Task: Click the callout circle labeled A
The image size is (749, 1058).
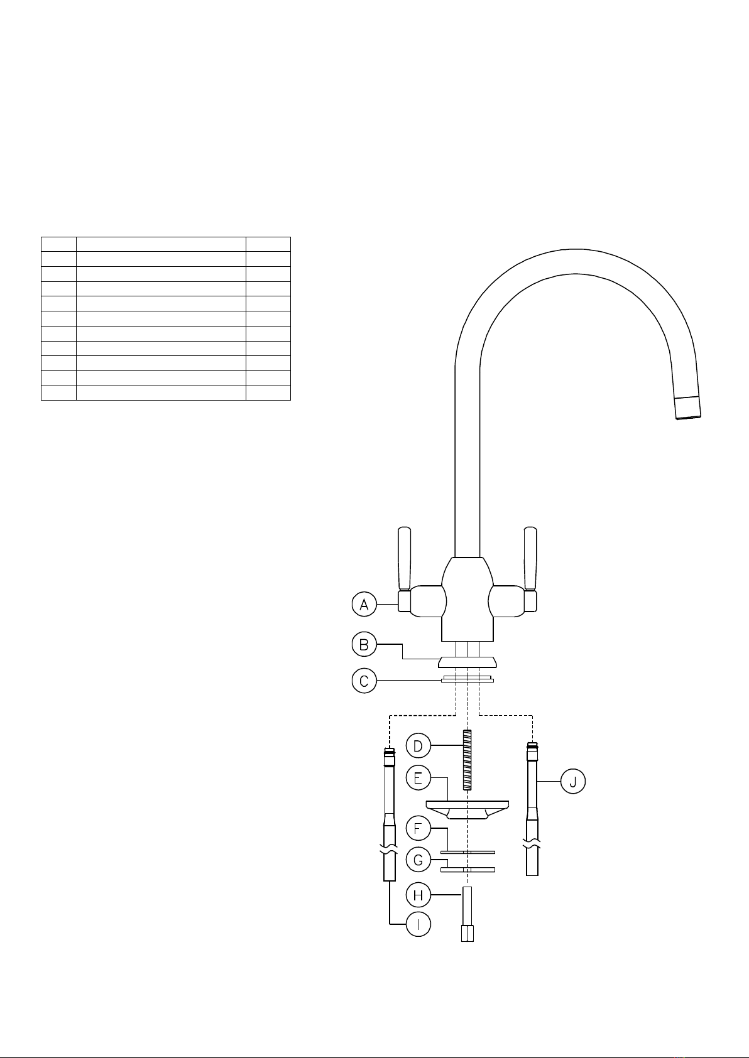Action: [x=364, y=604]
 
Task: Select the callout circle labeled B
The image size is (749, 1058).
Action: [x=364, y=644]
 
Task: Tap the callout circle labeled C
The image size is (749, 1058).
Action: [x=364, y=681]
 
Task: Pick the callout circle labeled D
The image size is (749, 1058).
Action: [x=418, y=746]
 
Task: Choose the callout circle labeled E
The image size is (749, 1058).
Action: [x=418, y=777]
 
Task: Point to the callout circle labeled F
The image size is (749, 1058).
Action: [x=418, y=828]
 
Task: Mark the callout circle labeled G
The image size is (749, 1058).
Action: [x=418, y=860]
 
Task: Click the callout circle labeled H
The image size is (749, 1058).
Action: [x=418, y=895]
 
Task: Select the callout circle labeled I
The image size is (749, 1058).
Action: [x=418, y=924]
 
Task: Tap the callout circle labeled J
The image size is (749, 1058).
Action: [x=572, y=781]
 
